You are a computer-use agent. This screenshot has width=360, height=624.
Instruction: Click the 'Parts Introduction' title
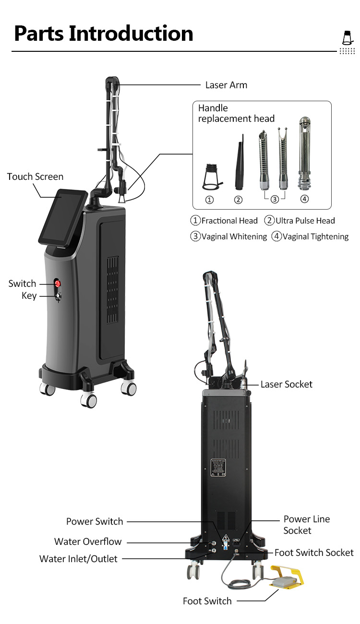pyautogui.click(x=103, y=34)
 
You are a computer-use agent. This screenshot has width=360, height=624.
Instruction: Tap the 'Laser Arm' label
pyautogui.click(x=226, y=85)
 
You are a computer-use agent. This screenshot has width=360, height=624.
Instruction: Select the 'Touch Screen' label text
pyautogui.click(x=35, y=177)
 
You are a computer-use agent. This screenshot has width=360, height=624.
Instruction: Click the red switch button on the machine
pyautogui.click(x=58, y=283)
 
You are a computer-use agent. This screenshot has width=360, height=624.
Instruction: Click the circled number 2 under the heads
pyautogui.click(x=239, y=200)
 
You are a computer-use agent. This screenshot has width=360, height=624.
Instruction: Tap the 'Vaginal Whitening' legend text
pyautogui.click(x=233, y=236)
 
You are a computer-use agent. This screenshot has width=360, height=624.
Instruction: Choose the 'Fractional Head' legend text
pyautogui.click(x=229, y=221)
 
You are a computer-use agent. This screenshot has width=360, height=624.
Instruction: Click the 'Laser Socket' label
pyautogui.click(x=286, y=384)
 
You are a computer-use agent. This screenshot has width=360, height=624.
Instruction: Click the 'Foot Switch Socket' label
pyautogui.click(x=313, y=553)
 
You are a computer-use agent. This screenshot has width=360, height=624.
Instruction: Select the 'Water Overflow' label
pyautogui.click(x=88, y=542)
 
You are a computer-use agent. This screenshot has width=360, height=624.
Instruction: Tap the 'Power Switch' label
pyautogui.click(x=95, y=521)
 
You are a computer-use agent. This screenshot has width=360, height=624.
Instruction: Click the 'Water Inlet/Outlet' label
pyautogui.click(x=78, y=559)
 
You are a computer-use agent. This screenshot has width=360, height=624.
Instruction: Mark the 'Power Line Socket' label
pyautogui.click(x=306, y=525)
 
